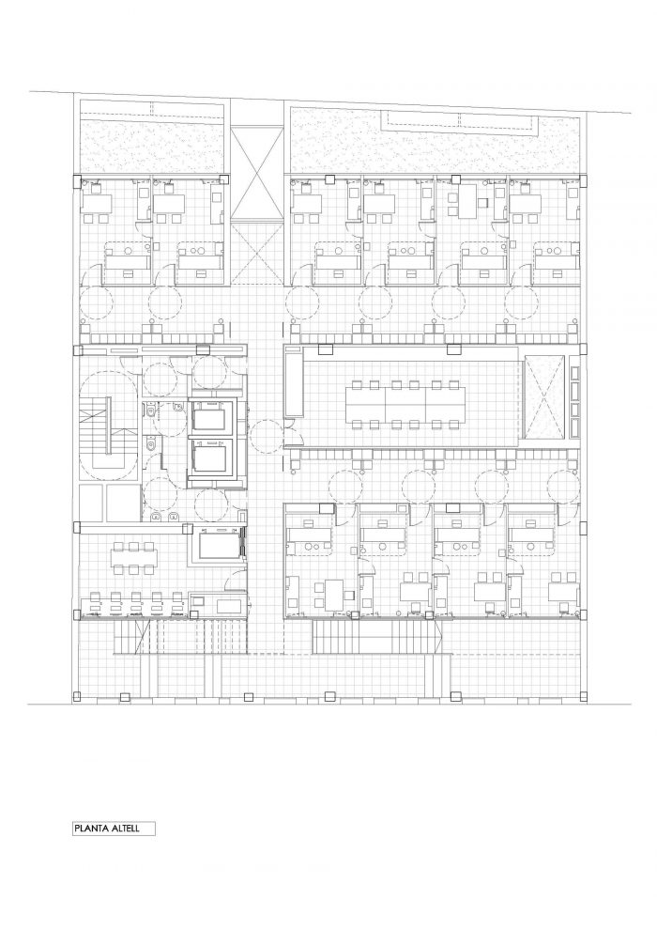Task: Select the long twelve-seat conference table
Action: [405, 403]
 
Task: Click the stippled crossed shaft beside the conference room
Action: [542, 397]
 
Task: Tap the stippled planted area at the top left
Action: [152, 146]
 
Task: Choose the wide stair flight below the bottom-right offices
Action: [376, 636]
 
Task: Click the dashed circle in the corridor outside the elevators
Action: [267, 436]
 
